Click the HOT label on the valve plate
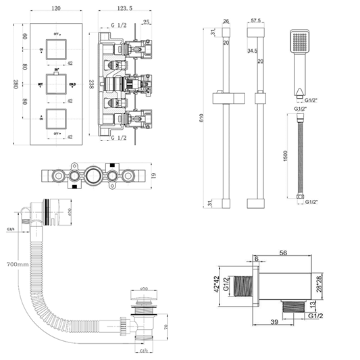(x=40, y=84)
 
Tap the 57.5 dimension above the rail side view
(x=256, y=21)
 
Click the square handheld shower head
(x=299, y=41)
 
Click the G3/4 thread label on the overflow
(x=10, y=230)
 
